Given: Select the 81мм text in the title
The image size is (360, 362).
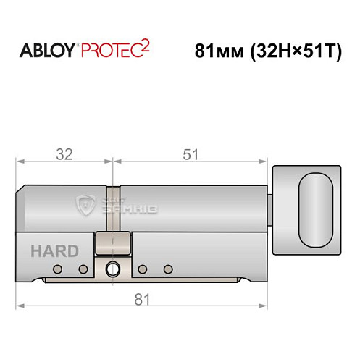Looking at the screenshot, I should [x=218, y=53].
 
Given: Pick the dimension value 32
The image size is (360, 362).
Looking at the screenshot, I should [x=65, y=154].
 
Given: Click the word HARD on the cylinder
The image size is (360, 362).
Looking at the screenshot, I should [x=54, y=252].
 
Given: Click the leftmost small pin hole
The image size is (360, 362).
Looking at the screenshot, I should [x=57, y=270].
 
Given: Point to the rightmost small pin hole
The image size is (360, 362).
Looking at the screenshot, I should [x=168, y=270].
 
